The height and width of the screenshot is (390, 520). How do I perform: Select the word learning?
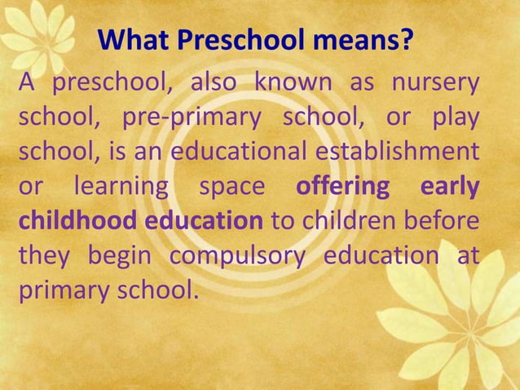[x=122, y=187]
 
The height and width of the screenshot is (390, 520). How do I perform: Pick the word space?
[x=233, y=187]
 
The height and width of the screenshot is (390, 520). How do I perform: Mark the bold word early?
[x=449, y=187]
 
